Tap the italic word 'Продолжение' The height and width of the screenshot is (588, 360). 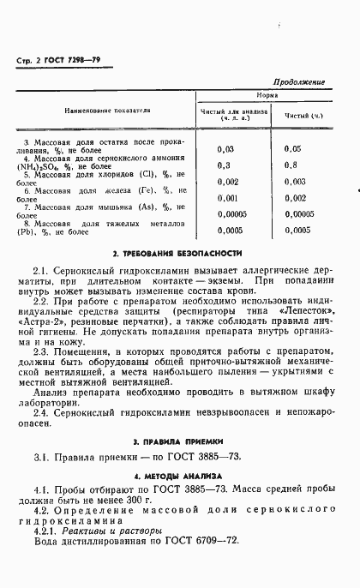303,81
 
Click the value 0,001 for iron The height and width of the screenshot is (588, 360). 228,198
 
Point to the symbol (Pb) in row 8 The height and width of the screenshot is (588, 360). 24,231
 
